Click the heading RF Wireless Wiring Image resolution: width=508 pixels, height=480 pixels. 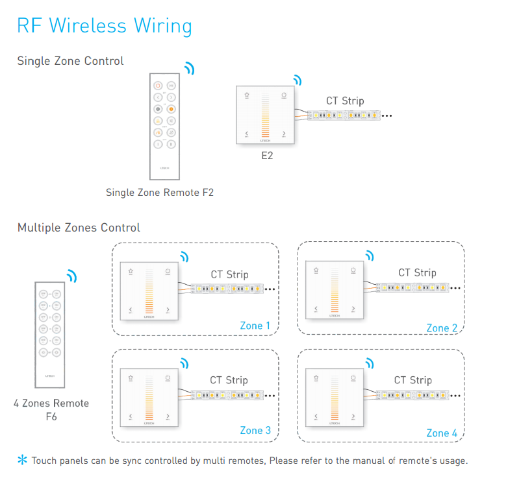[x=105, y=26]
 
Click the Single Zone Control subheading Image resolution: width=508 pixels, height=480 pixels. [x=70, y=61]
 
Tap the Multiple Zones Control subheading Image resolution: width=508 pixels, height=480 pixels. [x=79, y=228]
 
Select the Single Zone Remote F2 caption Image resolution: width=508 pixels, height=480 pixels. [x=160, y=193]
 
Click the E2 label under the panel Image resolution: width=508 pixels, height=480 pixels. [x=266, y=156]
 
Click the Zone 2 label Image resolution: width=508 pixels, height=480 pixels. [x=442, y=328]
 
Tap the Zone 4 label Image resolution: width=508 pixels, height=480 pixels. [x=442, y=433]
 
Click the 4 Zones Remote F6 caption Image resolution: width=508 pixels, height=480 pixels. [x=51, y=409]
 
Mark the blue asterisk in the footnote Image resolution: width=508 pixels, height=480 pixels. [x=23, y=461]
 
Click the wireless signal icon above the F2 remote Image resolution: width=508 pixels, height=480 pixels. [x=189, y=69]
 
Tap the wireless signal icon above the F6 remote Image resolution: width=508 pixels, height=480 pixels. [x=71, y=276]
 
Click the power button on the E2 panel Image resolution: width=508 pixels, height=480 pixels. [x=284, y=95]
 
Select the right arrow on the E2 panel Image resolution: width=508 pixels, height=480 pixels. [x=284, y=134]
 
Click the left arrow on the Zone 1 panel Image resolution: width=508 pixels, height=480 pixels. [x=131, y=310]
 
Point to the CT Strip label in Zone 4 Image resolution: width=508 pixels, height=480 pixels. [x=413, y=380]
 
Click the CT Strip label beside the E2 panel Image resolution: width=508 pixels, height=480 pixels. [x=344, y=101]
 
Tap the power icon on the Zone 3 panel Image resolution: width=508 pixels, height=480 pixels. [x=168, y=378]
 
